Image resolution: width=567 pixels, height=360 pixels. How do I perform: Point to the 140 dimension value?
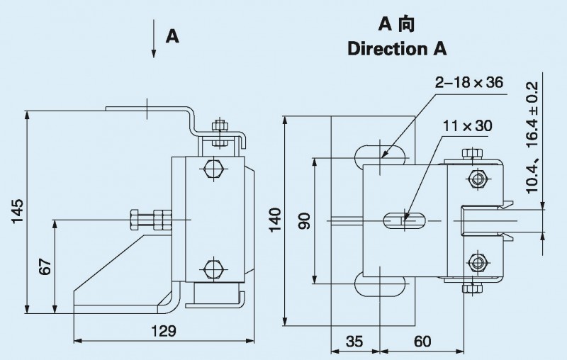pos(276,220)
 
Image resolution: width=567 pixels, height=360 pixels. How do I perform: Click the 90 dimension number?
pos(305,220)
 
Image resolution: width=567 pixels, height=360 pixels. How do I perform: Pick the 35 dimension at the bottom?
pos(354,342)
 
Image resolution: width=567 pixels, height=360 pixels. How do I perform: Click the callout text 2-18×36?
pos(469,83)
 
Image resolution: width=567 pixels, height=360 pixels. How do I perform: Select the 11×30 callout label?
pos(467,126)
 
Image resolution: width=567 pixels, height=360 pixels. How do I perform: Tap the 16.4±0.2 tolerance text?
pos(532,113)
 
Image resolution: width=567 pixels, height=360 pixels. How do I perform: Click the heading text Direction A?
pos(396,49)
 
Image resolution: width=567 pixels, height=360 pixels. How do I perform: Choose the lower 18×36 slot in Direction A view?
pos(381,286)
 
